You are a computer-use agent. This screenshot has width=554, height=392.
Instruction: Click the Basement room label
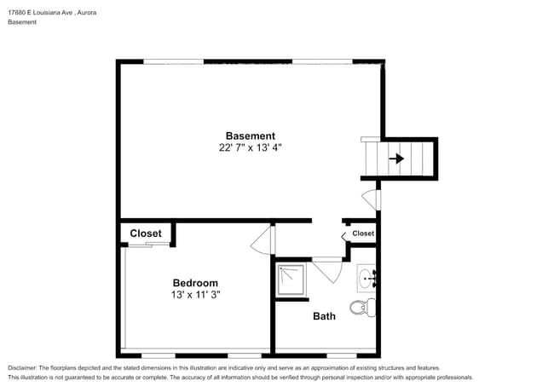click(x=250, y=136)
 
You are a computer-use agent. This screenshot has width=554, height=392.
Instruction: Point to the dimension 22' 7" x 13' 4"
click(x=250, y=147)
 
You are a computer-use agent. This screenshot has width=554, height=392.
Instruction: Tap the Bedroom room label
click(x=195, y=283)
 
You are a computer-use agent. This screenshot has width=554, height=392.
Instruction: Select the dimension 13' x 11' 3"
click(x=196, y=295)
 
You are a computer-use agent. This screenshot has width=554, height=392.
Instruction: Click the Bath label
click(x=324, y=316)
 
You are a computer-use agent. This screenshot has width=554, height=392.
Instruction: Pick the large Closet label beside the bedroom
click(x=146, y=233)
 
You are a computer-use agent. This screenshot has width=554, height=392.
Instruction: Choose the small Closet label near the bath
click(x=363, y=233)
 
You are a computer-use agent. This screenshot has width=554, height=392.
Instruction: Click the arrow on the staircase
click(x=396, y=159)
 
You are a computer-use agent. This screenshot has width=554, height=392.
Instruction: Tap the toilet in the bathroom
click(x=362, y=308)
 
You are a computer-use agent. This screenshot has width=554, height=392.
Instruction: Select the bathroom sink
click(x=366, y=279)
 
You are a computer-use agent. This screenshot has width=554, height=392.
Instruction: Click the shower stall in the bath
click(x=291, y=280)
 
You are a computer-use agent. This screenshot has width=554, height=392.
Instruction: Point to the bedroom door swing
click(x=263, y=240)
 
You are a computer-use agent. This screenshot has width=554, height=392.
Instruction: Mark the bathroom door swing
click(x=327, y=270)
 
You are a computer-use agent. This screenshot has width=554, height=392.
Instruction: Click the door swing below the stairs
click(x=372, y=200)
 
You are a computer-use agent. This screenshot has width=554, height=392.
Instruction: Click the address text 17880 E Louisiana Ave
click(x=40, y=13)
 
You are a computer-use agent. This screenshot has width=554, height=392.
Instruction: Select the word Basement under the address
click(x=22, y=22)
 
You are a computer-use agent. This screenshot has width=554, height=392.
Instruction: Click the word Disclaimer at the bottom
click(x=22, y=368)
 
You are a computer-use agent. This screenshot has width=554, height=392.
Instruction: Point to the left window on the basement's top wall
click(x=174, y=62)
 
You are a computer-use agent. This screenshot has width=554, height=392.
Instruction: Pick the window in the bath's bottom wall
click(x=341, y=355)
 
